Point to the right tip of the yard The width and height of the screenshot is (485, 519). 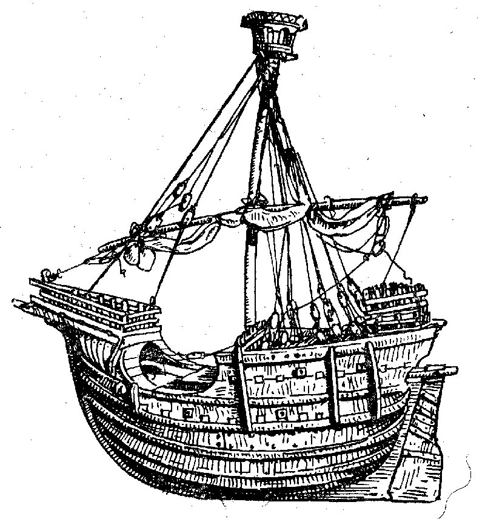click(x=423, y=198)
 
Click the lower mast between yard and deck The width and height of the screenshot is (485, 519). click(x=250, y=279)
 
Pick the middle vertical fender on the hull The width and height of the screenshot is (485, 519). click(x=330, y=388)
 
